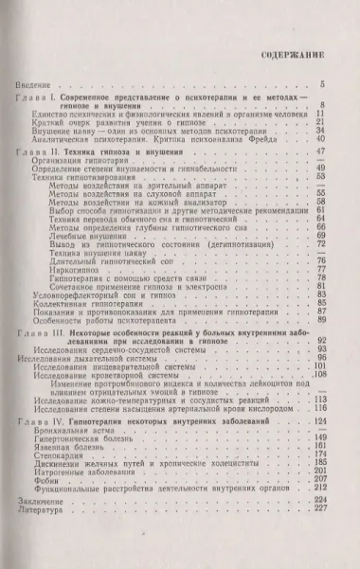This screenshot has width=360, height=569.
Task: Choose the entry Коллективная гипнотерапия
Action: (93, 303)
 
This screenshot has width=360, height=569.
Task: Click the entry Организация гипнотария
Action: (90, 161)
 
